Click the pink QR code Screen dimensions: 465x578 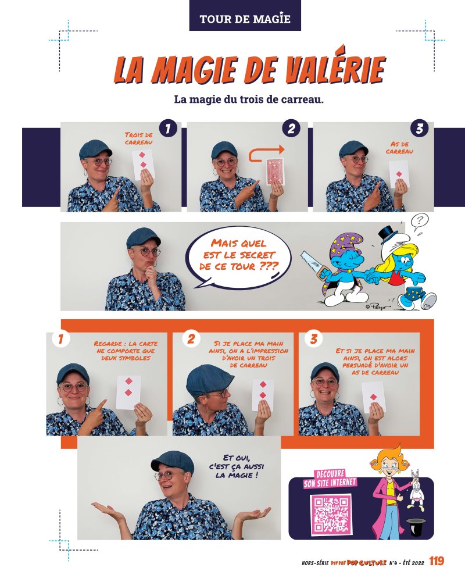pyautogui.click(x=330, y=514)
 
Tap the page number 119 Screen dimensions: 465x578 pyautogui.click(x=437, y=561)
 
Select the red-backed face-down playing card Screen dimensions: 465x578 pyautogui.click(x=274, y=172)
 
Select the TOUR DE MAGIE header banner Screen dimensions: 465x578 pyautogui.click(x=245, y=16)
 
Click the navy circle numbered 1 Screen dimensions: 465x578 pyautogui.click(x=168, y=129)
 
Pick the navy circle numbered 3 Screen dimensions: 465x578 pyautogui.click(x=420, y=129)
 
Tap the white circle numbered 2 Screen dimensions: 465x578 pyautogui.click(x=191, y=339)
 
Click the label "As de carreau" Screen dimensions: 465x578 pyautogui.click(x=399, y=148)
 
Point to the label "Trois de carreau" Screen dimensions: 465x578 pyautogui.click(x=138, y=138)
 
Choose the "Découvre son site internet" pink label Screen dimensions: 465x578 pyautogui.click(x=330, y=479)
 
